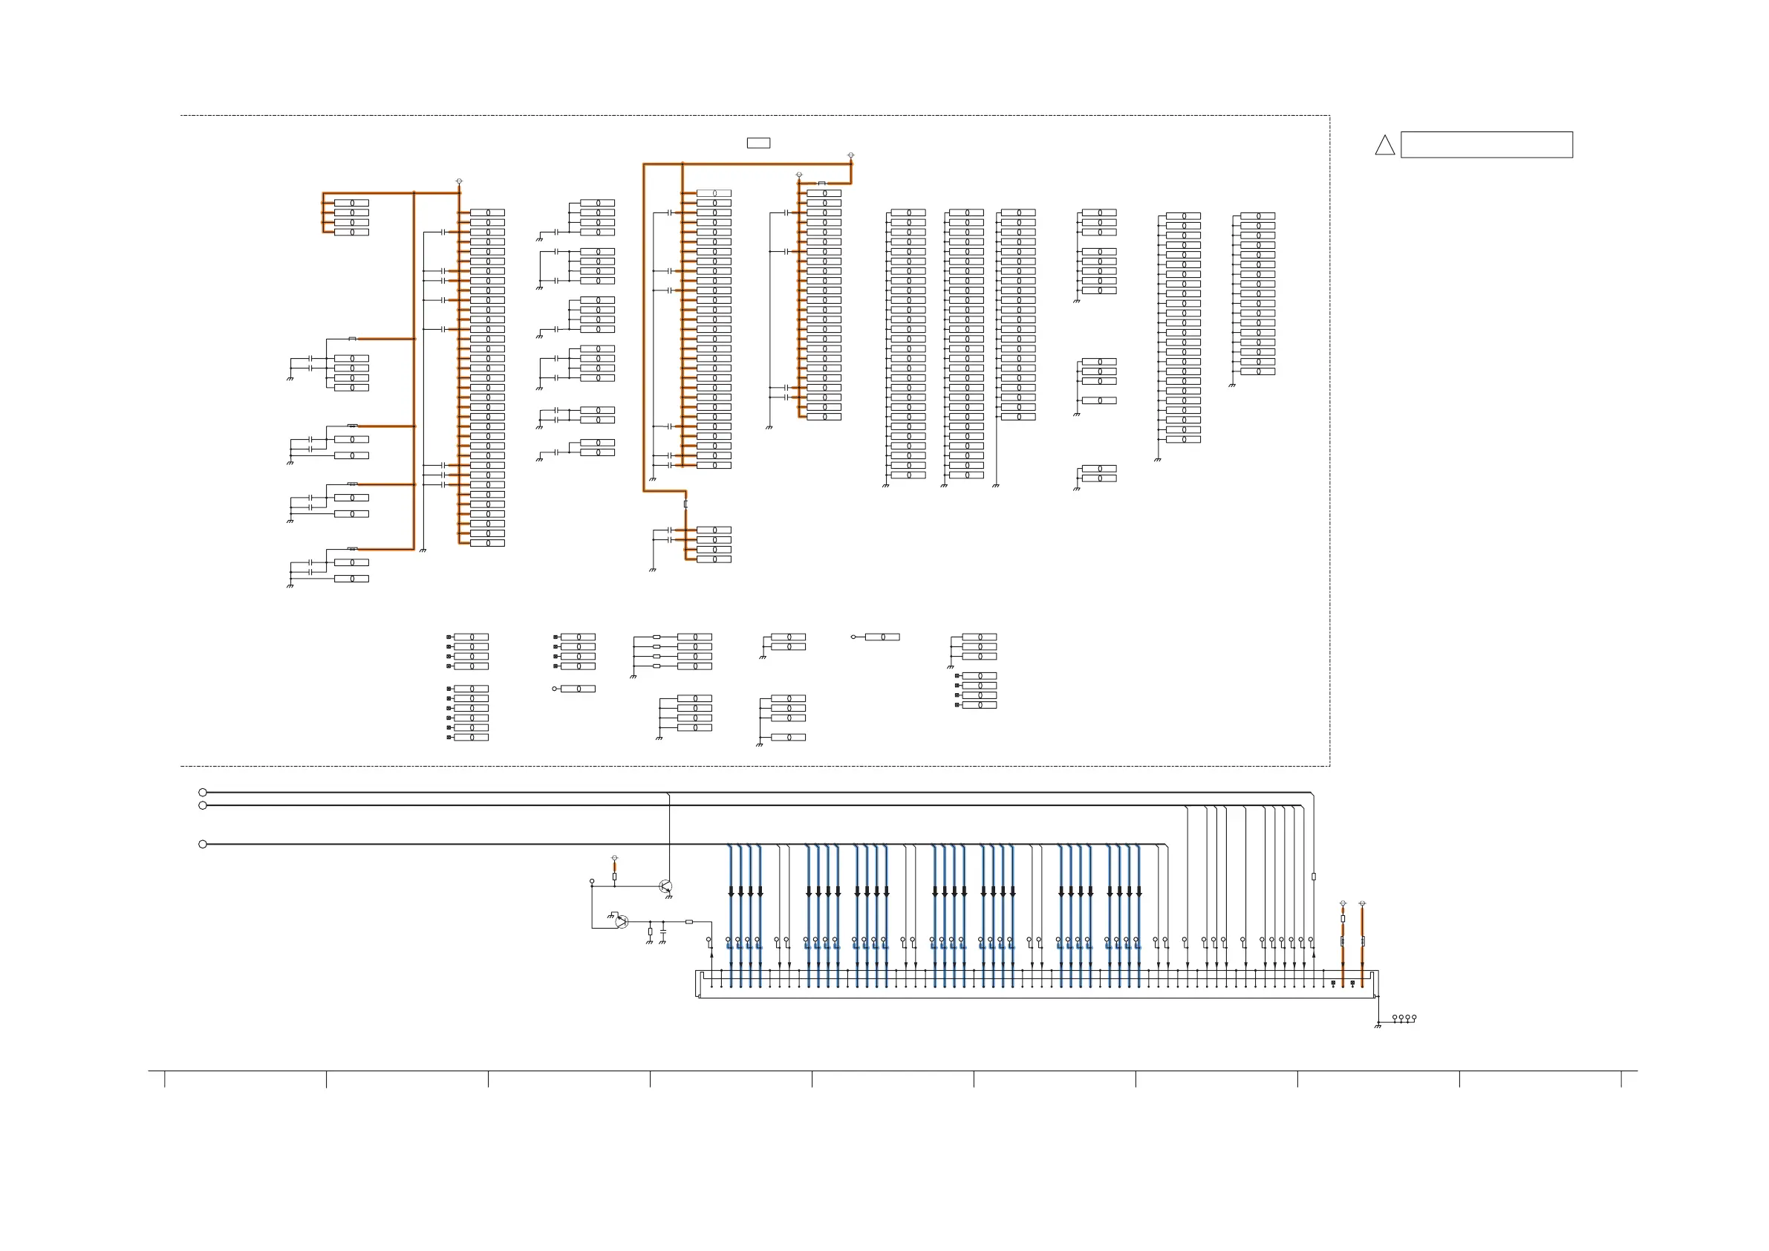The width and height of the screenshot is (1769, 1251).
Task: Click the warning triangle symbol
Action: click(1384, 146)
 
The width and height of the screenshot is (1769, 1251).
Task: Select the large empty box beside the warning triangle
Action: click(1486, 145)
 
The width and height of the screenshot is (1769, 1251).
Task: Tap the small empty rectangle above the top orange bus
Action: click(758, 143)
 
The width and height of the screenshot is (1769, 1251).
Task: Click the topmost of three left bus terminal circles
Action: click(203, 793)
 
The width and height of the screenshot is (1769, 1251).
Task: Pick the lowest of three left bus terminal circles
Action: click(203, 844)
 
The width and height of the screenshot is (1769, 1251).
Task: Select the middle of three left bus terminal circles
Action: click(203, 805)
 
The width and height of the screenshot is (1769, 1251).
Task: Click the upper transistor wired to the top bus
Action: click(666, 886)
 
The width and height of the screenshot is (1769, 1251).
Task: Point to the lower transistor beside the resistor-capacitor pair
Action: click(622, 921)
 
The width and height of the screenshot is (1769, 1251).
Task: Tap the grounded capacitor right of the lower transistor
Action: click(662, 931)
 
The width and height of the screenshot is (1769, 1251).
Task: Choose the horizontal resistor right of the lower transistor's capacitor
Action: click(688, 921)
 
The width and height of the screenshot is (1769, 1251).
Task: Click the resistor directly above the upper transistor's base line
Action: click(614, 877)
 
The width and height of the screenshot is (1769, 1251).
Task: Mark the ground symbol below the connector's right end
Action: click(1378, 1026)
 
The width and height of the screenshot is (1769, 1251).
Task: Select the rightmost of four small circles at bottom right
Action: click(1414, 1018)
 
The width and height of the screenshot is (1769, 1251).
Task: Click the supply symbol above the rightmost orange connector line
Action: click(1362, 903)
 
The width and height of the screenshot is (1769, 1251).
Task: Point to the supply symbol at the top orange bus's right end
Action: click(850, 156)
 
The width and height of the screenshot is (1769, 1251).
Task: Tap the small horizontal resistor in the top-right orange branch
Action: click(821, 183)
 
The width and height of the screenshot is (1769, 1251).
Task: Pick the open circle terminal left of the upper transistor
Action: click(592, 881)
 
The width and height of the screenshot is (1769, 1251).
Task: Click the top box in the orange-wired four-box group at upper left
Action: click(351, 203)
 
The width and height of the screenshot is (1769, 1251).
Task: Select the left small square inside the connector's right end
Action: click(1333, 983)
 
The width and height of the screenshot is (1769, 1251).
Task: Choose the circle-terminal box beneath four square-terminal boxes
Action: click(578, 689)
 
